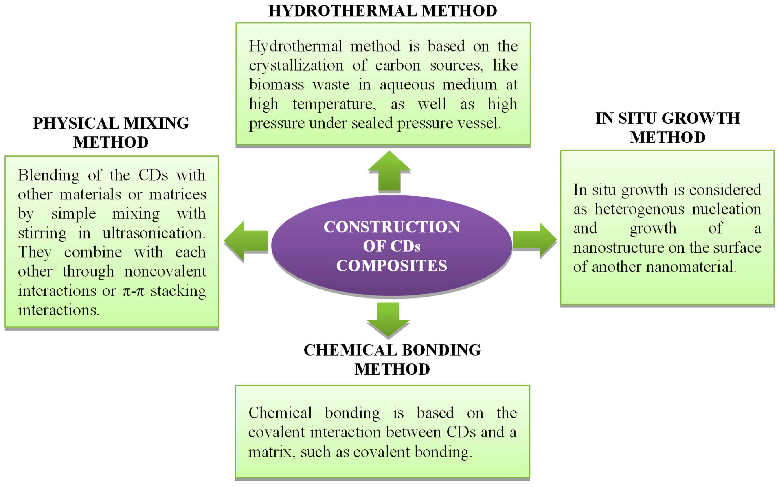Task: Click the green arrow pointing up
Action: click(x=389, y=172)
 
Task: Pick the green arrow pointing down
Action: click(x=388, y=319)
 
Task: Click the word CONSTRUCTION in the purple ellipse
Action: click(x=392, y=227)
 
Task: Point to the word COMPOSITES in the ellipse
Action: click(x=392, y=266)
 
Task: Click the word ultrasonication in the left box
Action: click(x=154, y=233)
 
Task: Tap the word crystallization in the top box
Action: click(x=296, y=66)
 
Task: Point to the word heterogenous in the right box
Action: click(x=639, y=209)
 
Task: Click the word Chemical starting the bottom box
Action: click(x=280, y=413)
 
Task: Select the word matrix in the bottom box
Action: click(x=270, y=452)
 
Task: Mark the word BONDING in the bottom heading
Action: click(x=441, y=350)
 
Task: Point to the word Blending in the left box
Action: click(x=48, y=175)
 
